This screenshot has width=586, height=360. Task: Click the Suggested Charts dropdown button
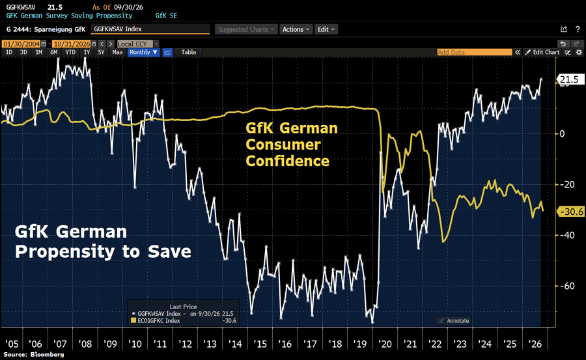pyautogui.click(x=246, y=29)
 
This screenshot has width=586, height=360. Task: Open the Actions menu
pyautogui.click(x=296, y=29)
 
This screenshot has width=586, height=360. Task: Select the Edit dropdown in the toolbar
pyautogui.click(x=326, y=29)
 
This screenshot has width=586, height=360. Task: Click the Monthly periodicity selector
pyautogui.click(x=143, y=52)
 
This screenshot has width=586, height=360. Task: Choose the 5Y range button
pyautogui.click(x=102, y=52)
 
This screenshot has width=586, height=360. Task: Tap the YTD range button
pyautogui.click(x=70, y=52)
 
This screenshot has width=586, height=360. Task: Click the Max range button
pyautogui.click(x=117, y=52)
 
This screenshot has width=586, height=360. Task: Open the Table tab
pyautogui.click(x=189, y=52)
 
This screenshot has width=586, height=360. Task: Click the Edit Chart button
pyautogui.click(x=542, y=52)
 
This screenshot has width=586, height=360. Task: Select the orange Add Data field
pyautogui.click(x=475, y=52)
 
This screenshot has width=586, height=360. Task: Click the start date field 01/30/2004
pyautogui.click(x=21, y=44)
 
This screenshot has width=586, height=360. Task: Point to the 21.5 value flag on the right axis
pyautogui.click(x=570, y=79)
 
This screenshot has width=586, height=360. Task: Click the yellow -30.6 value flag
pyautogui.click(x=570, y=212)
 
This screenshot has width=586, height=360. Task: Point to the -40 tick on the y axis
pyautogui.click(x=566, y=235)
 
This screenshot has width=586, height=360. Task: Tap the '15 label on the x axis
pyautogui.click(x=260, y=344)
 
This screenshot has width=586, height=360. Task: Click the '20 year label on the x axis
pyautogui.click(x=385, y=344)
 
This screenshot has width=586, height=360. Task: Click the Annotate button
pyautogui.click(x=453, y=321)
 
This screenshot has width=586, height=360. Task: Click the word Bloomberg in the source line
pyautogui.click(x=47, y=354)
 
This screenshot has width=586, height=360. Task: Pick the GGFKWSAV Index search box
pyautogui.click(x=150, y=29)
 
